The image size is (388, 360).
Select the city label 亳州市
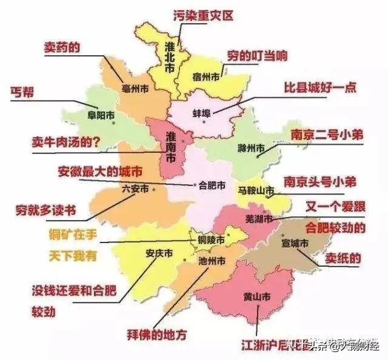click(x=135, y=88)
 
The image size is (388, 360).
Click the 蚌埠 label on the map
click(x=201, y=113)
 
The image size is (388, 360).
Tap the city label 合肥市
click(x=212, y=184)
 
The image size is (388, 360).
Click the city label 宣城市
click(x=295, y=243)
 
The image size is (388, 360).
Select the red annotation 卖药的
click(x=61, y=47)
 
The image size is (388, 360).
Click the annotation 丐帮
click(x=22, y=92)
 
